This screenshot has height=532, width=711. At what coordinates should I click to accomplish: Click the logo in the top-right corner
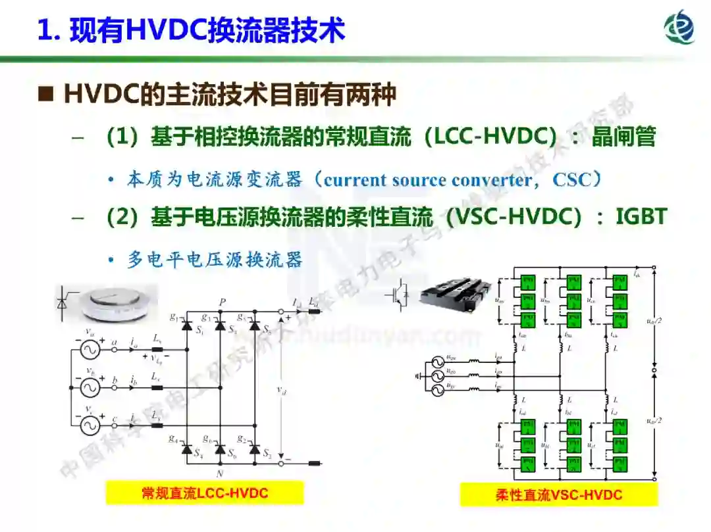[679, 28]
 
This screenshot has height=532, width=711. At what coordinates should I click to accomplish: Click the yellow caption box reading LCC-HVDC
[205, 493]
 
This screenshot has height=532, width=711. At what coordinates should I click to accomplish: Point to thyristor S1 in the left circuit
[187, 325]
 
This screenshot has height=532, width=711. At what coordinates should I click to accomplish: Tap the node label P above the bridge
[223, 302]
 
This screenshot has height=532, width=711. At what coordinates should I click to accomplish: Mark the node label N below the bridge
[222, 473]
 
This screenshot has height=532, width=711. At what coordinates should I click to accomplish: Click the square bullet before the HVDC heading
[45, 95]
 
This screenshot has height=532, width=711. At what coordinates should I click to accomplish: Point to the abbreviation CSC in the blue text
[572, 180]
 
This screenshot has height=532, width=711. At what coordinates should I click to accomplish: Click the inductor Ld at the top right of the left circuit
[314, 311]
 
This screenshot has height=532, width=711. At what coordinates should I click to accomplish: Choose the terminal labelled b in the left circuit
[115, 380]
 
